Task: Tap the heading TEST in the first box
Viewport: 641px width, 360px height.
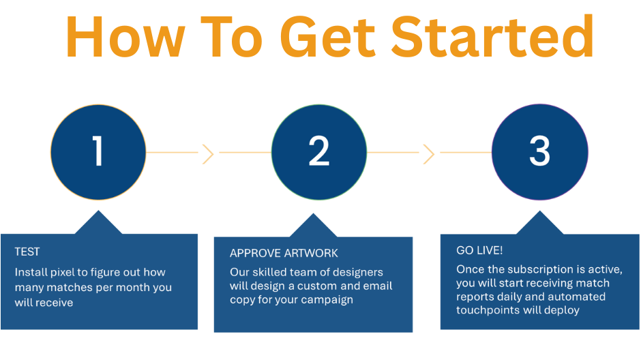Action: point(27,252)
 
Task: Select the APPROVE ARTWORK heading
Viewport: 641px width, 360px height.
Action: point(284,253)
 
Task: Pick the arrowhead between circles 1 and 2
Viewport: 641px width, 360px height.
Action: point(208,154)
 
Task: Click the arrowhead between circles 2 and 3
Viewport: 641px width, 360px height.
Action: point(429,154)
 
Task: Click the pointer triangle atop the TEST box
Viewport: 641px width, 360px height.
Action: point(100,223)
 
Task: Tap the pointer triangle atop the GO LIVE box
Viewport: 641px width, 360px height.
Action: point(540,223)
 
